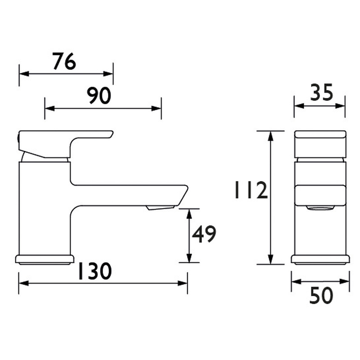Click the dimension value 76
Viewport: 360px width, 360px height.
[64, 61]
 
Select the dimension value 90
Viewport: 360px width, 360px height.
[99, 95]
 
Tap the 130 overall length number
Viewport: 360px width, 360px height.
[95, 271]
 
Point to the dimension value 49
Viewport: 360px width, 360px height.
[204, 234]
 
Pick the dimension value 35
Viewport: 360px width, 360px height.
[321, 92]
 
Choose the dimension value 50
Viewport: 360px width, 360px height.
[321, 296]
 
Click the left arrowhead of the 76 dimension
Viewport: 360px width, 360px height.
[24, 74]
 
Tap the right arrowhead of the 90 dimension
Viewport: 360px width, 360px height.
[156, 108]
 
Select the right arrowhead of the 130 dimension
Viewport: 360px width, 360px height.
[183, 283]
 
